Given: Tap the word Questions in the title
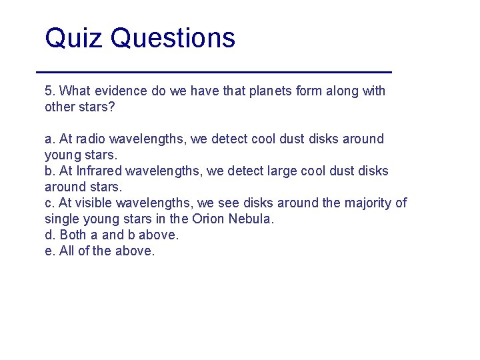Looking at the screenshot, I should point(173,39).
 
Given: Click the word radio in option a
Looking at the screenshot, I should point(90,139).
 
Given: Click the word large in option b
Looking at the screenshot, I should point(265,171).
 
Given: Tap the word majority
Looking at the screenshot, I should point(367,203).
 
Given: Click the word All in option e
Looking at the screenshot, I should point(67,251).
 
